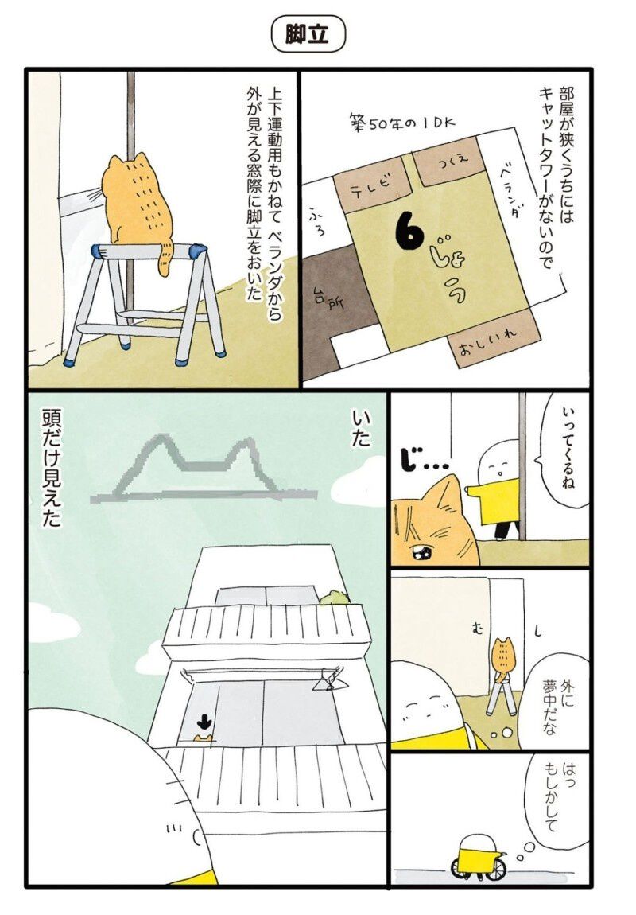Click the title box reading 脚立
(x=309, y=35)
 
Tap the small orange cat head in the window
(x=203, y=738)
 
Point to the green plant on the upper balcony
(x=333, y=597)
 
